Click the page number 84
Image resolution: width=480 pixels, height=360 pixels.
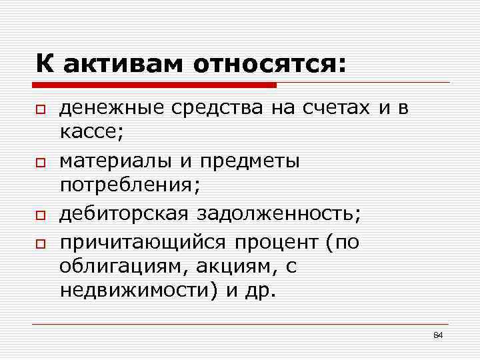[x=438, y=335]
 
